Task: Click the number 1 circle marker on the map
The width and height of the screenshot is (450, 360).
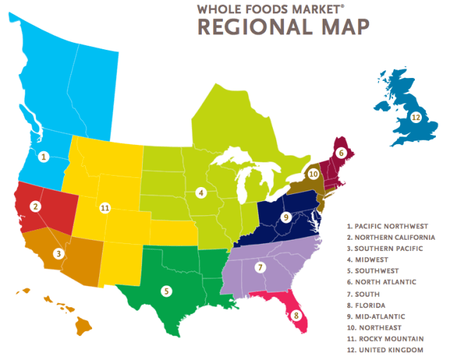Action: tap(44, 157)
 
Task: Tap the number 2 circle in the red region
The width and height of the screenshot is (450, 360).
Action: tap(34, 206)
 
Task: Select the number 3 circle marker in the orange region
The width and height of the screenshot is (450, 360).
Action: tap(58, 253)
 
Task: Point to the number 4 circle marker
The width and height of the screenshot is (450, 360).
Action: tap(200, 193)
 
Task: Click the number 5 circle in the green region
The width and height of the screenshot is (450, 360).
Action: tap(166, 290)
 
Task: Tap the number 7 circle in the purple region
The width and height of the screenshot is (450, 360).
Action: tap(259, 267)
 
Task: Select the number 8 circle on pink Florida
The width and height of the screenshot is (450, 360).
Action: tap(296, 315)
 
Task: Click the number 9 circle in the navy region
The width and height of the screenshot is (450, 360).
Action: tap(285, 217)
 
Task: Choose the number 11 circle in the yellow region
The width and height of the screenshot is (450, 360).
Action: tap(105, 208)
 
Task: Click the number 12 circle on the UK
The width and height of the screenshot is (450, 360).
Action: tap(416, 118)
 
